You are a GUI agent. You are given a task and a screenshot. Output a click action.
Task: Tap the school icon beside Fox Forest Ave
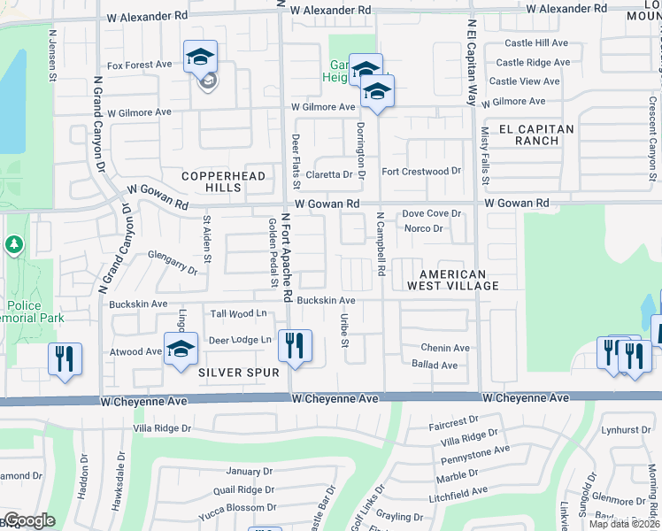201,58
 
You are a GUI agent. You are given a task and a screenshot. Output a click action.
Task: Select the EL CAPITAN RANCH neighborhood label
537,135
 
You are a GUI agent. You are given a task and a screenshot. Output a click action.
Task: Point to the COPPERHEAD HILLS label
212,181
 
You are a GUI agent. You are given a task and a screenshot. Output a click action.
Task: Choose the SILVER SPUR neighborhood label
234,373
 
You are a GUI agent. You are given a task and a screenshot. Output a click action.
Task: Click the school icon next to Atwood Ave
181,348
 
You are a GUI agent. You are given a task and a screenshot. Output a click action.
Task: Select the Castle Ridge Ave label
533,62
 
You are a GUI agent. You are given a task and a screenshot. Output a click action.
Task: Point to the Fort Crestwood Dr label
421,171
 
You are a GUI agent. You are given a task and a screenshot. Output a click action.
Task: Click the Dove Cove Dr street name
433,213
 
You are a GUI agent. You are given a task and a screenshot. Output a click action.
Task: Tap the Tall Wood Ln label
238,313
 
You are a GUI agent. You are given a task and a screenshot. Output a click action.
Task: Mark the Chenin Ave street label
445,348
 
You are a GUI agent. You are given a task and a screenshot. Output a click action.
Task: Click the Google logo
28,520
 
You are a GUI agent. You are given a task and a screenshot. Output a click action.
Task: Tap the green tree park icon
13,243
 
